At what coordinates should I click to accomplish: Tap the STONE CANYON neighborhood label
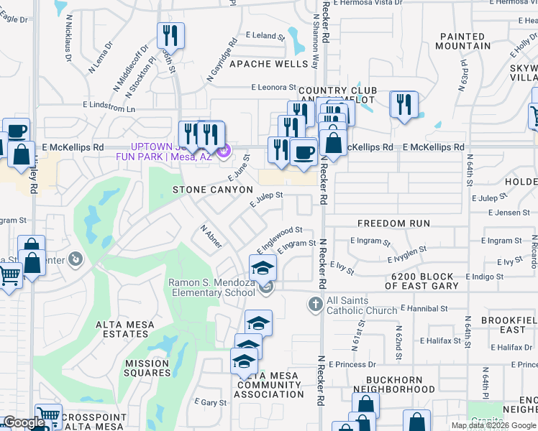(x=213, y=190)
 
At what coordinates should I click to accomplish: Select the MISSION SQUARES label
(x=148, y=368)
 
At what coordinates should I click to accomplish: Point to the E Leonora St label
(x=274, y=88)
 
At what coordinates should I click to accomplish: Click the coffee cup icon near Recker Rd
(x=304, y=152)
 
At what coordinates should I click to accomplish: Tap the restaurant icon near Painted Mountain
(x=404, y=104)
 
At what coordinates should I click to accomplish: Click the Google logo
(x=24, y=422)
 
